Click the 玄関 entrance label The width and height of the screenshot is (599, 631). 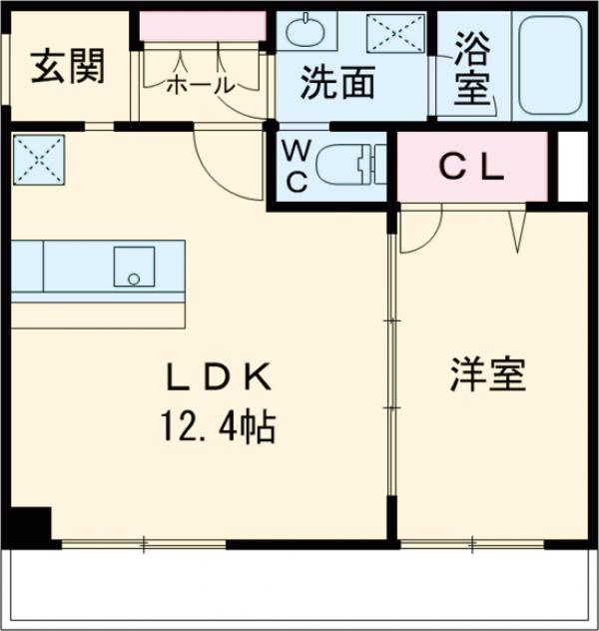pos(68,68)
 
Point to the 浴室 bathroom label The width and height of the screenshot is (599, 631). pos(472,69)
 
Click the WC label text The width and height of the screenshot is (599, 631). pos(297,167)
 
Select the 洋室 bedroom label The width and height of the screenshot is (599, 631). pos(487,377)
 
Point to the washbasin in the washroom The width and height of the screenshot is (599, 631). pos(305,34)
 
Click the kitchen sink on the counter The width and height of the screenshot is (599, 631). pos(133,266)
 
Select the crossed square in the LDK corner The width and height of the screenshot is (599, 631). pos(38,159)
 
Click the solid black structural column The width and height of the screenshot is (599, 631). pos(32,525)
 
